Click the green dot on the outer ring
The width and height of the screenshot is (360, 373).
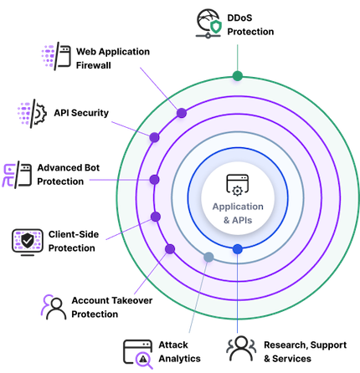click(238, 78)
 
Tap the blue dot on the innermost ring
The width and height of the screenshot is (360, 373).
click(238, 249)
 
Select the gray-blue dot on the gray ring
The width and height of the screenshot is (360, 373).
click(208, 256)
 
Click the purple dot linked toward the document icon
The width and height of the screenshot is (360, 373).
click(181, 112)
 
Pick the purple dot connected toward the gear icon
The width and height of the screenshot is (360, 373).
click(154, 137)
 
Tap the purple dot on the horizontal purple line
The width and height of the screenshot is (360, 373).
click(154, 179)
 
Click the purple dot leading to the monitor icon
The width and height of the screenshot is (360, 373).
click(155, 217)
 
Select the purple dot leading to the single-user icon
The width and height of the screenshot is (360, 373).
click(170, 248)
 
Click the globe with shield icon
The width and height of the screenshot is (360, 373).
click(211, 23)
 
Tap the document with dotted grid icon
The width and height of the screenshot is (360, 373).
click(57, 55)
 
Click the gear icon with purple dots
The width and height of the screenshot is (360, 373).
click(32, 112)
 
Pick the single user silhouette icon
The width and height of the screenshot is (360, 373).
click(53, 305)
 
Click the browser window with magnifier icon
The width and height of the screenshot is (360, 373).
click(138, 354)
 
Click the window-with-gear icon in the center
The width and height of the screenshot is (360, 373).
click(238, 185)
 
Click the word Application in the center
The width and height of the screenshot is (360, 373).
click(238, 206)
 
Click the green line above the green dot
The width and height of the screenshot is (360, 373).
click(239, 57)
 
